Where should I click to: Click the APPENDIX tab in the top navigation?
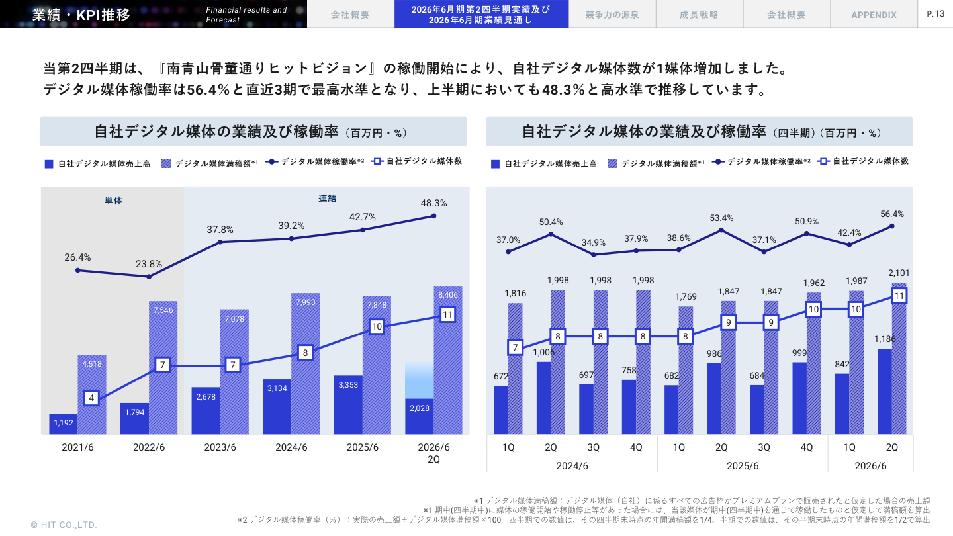click(874, 15)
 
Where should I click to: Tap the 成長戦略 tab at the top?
click(699, 15)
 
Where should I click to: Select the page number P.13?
click(935, 13)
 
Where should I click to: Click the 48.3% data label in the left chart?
click(433, 203)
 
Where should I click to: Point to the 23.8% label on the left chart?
click(149, 263)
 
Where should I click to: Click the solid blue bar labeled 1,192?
click(64, 424)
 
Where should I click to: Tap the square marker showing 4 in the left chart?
click(92, 398)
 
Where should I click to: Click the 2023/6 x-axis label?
click(220, 447)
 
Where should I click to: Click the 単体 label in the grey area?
click(113, 200)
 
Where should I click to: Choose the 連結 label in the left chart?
click(327, 199)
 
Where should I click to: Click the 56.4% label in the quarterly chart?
click(892, 214)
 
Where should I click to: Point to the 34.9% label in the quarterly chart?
click(594, 242)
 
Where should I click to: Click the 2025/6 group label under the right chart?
click(743, 466)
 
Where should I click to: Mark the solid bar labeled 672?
click(501, 410)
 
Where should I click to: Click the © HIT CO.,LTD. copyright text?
click(64, 525)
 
